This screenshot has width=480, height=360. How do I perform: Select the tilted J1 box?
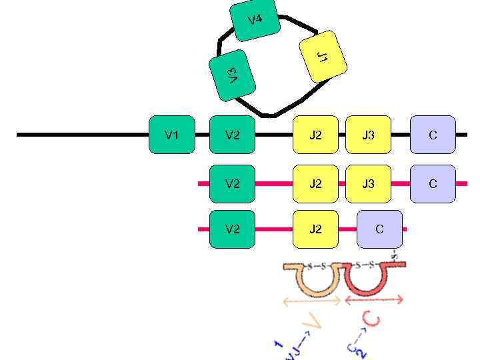click(323, 57)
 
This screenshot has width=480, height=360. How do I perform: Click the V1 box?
click(171, 135)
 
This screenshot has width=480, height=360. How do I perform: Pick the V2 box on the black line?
click(232, 135)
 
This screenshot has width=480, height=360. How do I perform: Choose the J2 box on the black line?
click(315, 135)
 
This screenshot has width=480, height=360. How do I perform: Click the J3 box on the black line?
click(368, 135)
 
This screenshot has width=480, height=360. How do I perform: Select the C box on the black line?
click(433, 135)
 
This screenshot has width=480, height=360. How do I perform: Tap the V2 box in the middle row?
click(232, 183)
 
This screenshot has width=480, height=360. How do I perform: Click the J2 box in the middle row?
click(315, 183)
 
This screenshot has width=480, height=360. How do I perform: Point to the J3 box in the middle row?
click(368, 183)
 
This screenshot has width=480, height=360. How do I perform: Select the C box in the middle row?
click(433, 183)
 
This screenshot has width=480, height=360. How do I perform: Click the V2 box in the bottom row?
click(232, 229)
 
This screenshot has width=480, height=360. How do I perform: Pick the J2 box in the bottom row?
click(315, 229)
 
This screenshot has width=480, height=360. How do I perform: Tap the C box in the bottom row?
click(379, 229)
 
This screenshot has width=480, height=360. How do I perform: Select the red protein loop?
click(370, 280)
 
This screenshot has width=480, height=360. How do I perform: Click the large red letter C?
click(373, 321)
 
